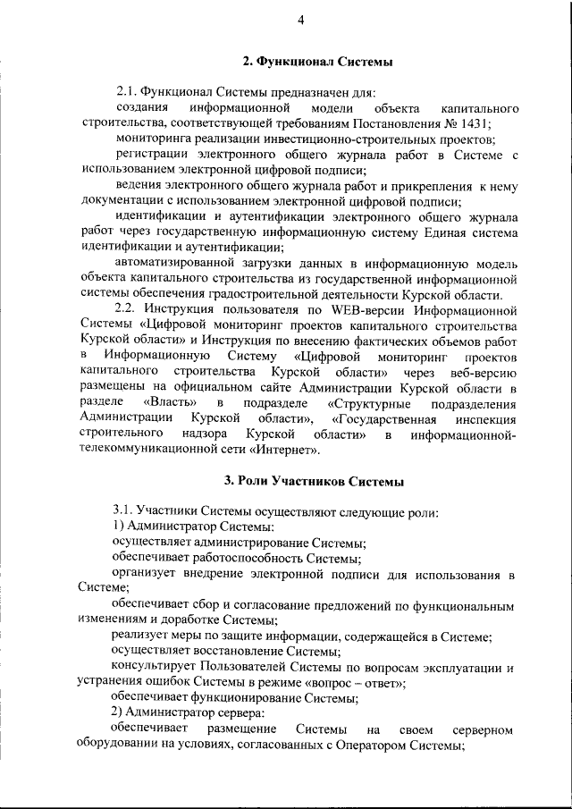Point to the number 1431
click(x=473, y=123)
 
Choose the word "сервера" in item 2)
click(x=237, y=715)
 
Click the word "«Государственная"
click(x=383, y=418)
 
